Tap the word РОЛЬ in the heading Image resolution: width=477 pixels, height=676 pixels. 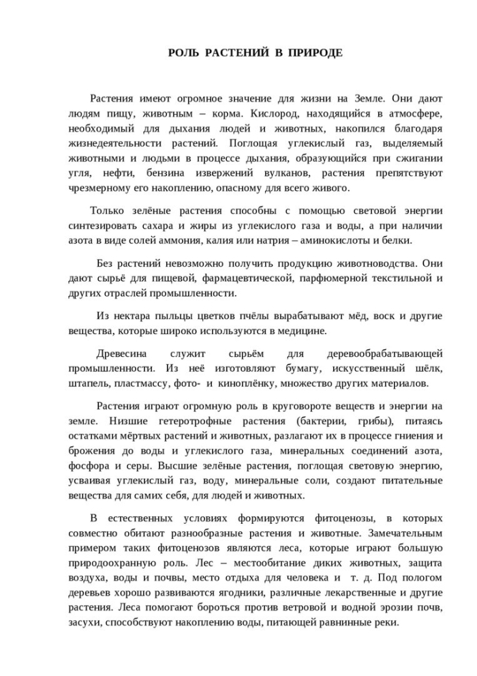pos(183,53)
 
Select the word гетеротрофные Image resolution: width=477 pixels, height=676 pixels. pos(179,421)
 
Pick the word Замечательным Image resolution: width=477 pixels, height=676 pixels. pos(410,533)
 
